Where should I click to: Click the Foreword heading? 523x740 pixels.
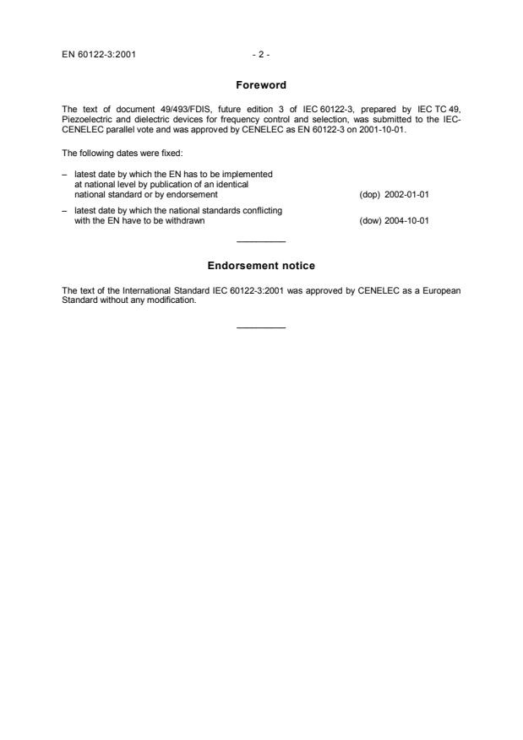pyautogui.click(x=261, y=84)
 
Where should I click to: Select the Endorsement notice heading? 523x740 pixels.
pyautogui.click(x=261, y=266)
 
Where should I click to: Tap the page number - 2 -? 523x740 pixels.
pyautogui.click(x=261, y=55)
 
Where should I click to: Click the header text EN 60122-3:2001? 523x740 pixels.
pyautogui.click(x=93, y=55)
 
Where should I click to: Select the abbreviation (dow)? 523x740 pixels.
pyautogui.click(x=370, y=222)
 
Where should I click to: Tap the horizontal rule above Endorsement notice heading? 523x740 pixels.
pyautogui.click(x=261, y=242)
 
